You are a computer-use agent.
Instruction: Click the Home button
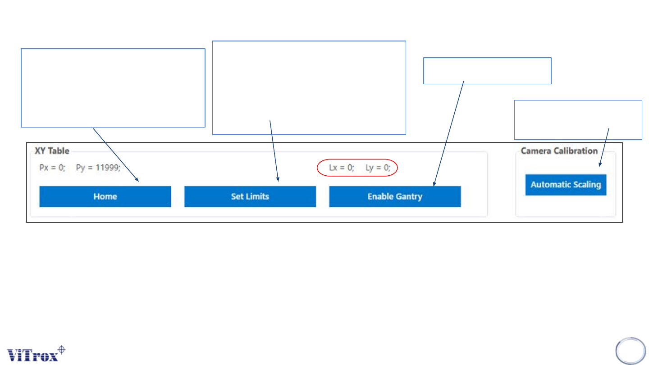105,196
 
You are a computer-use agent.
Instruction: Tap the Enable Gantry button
395,196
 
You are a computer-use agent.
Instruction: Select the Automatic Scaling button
566,185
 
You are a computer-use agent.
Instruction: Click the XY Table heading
52,151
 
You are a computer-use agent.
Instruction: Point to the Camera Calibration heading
565,151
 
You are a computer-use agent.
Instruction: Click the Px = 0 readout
52,168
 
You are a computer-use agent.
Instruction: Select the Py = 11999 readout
98,168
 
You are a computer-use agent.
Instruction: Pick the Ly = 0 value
378,168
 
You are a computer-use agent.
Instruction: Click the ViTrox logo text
32,355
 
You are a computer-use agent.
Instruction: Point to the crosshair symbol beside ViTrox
62,349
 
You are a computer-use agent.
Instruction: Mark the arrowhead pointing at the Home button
137,180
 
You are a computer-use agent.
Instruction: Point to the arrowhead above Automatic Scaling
600,165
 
